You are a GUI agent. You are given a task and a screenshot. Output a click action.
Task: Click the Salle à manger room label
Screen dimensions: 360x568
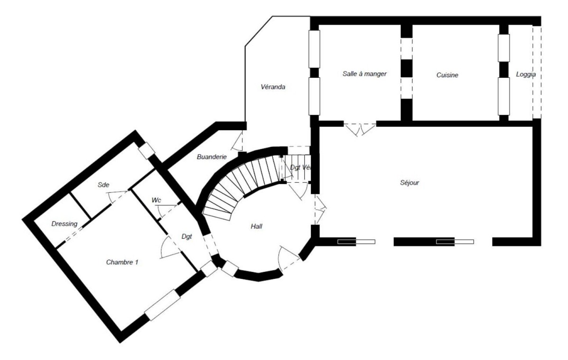[364, 74]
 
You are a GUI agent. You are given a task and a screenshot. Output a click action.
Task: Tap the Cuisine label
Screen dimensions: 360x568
[447, 75]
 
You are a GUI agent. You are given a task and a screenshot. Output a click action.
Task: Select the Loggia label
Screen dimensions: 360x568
[525, 75]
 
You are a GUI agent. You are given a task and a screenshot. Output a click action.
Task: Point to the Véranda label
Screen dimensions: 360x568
[273, 87]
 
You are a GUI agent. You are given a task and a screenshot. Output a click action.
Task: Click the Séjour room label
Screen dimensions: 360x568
[409, 182]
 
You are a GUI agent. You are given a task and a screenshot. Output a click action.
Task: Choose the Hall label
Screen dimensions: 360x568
[256, 226]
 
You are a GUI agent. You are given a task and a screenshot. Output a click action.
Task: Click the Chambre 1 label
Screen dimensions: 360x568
[122, 261]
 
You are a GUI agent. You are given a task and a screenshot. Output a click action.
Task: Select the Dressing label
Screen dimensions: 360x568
[64, 224]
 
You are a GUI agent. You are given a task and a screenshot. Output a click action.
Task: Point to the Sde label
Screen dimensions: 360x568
[103, 184]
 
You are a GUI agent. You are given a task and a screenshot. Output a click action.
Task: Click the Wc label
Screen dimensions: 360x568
[156, 200]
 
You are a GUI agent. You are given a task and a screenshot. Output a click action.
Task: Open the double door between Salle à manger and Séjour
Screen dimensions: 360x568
[360, 129]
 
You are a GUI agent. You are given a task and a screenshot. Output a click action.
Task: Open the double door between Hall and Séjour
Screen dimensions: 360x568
[320, 209]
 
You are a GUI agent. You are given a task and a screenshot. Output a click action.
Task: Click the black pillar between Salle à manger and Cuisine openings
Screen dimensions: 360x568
[407, 68]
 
